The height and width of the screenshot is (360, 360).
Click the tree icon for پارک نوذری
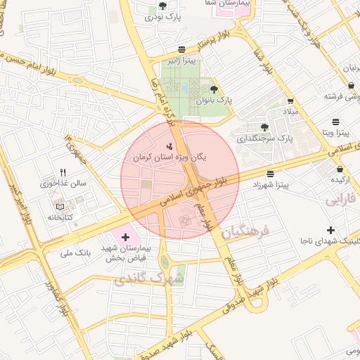pyautogui.click(x=163, y=6)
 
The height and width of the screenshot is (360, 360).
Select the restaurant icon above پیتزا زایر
pyautogui.click(x=182, y=49)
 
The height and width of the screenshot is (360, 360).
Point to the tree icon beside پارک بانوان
pyautogui.click(x=214, y=89)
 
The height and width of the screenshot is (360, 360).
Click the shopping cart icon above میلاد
pyautogui.click(x=290, y=101)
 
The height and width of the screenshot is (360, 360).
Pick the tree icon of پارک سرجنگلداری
pyautogui.click(x=264, y=127)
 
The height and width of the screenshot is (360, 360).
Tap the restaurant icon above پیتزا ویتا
pyautogui.click(x=336, y=120)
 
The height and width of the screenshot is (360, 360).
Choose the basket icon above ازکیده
pyautogui.click(x=340, y=169)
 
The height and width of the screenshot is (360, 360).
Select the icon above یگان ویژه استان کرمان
pyautogui.click(x=169, y=146)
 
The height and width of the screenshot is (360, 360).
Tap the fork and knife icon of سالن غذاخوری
pyautogui.click(x=63, y=172)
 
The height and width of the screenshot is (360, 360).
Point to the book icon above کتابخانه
pyautogui.click(x=60, y=207)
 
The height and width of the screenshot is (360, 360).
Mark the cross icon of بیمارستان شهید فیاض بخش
pyautogui.click(x=126, y=238)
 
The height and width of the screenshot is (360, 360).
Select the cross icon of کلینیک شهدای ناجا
pyautogui.click(x=330, y=230)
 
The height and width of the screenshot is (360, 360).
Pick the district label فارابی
pyautogui.click(x=342, y=200)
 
